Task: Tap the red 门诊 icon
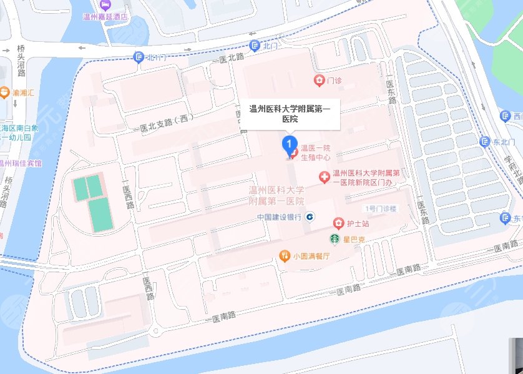pos(319,81)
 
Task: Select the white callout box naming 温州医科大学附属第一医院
pos(290,114)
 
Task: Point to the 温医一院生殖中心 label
pos(315,152)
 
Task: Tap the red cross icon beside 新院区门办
pos(325,178)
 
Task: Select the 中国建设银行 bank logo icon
pos(311,217)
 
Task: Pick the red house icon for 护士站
pos(338,223)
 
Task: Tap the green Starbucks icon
pos(335,238)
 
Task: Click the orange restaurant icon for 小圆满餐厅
pos(285,255)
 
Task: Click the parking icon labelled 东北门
pos(485,142)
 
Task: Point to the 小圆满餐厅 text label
pos(311,256)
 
